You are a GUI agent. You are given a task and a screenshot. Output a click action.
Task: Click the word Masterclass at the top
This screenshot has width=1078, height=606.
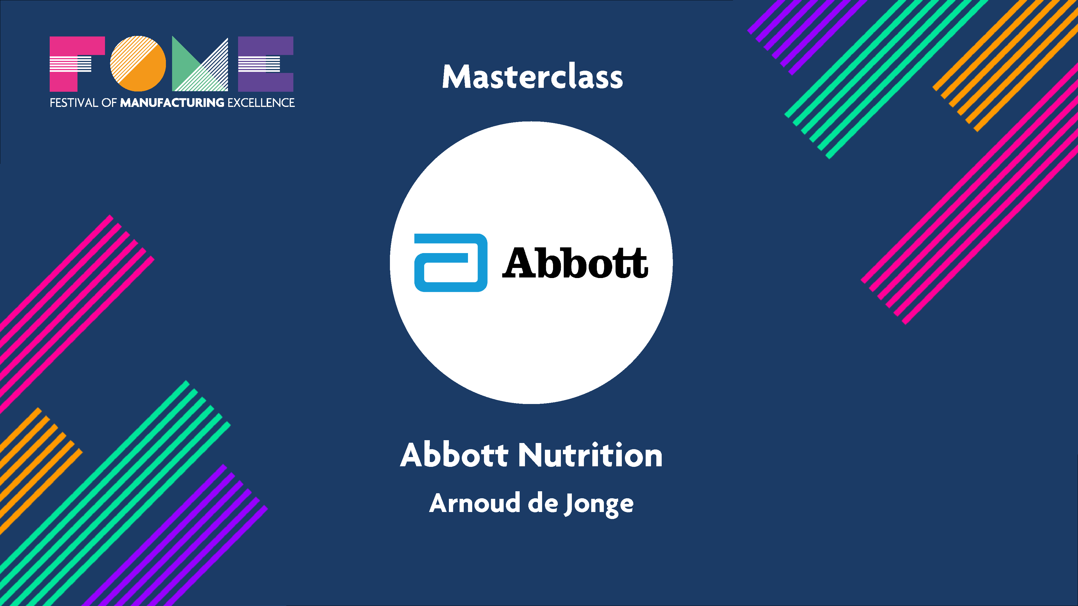(x=532, y=77)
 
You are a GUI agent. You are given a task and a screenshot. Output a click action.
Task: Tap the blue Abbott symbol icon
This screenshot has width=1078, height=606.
(x=451, y=263)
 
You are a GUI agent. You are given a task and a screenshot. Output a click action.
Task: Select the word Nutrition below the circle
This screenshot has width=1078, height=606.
(x=590, y=455)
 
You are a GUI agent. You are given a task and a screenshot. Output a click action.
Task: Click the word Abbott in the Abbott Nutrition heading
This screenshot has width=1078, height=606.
(x=454, y=455)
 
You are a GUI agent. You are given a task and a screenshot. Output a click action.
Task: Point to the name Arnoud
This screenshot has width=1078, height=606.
(x=474, y=503)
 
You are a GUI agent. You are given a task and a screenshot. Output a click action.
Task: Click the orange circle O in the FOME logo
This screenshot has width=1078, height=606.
(x=138, y=64)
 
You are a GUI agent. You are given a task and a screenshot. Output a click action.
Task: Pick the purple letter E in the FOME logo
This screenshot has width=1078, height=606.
(x=265, y=64)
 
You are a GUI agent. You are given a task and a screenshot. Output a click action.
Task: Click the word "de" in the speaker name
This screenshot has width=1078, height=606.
(x=543, y=503)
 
